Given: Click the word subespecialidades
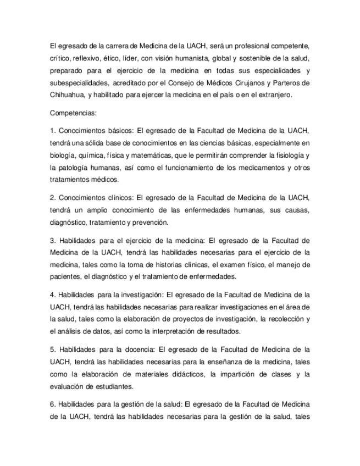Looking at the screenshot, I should [77, 83].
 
